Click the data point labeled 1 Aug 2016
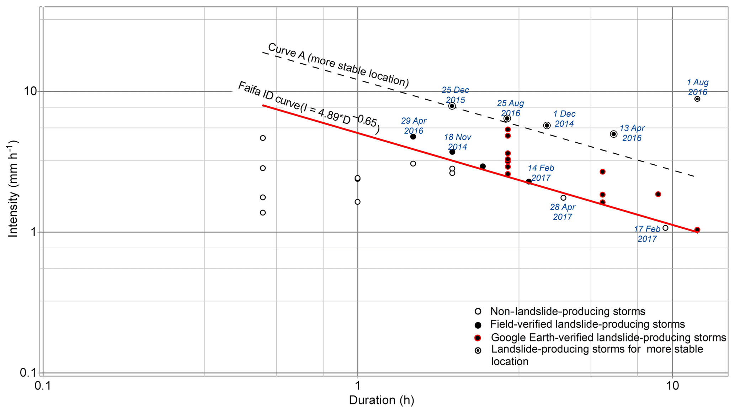(x=697, y=99)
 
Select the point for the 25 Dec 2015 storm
(x=452, y=106)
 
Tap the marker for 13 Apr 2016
(x=613, y=134)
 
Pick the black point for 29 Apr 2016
(x=413, y=137)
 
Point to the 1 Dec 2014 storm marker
(x=547, y=125)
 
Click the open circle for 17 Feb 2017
(x=665, y=228)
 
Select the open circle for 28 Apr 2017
(x=563, y=198)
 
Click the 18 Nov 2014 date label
(x=457, y=142)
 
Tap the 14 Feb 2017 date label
(x=540, y=173)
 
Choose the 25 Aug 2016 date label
(x=510, y=108)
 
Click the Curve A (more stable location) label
(x=338, y=65)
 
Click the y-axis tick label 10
(x=31, y=91)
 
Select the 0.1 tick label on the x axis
(x=43, y=386)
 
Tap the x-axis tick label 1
(x=357, y=386)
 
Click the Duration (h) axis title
(x=382, y=401)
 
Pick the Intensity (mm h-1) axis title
(x=13, y=189)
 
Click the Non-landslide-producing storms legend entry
(x=567, y=312)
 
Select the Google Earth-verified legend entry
(x=608, y=338)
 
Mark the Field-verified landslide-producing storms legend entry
(x=587, y=324)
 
